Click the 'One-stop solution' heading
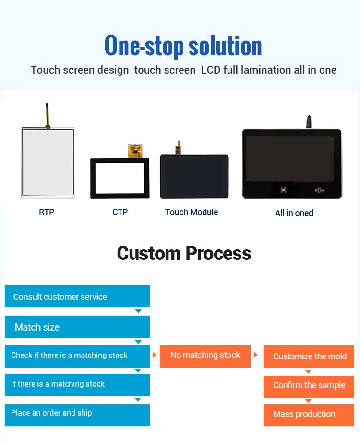[183, 45]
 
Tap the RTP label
[47, 212]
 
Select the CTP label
[120, 212]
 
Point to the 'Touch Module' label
[192, 212]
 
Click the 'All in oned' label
[294, 213]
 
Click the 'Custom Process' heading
[184, 253]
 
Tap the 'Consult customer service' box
[77, 296]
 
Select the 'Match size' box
[77, 327]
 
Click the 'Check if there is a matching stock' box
[77, 356]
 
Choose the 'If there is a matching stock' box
[77, 385]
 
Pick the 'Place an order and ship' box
[77, 415]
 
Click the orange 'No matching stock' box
[205, 356]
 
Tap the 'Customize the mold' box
[309, 356]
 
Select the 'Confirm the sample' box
[309, 386]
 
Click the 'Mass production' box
[309, 415]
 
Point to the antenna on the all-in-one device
[309, 122]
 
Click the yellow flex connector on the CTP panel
[135, 150]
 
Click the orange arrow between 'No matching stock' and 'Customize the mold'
[255, 355]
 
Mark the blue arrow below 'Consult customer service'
[138, 311]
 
